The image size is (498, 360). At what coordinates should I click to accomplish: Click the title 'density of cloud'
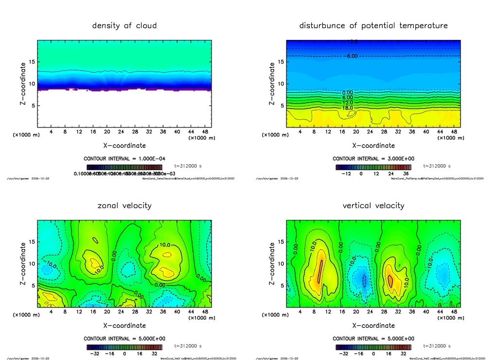(124, 26)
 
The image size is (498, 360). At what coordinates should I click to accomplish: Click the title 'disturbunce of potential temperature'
(373, 26)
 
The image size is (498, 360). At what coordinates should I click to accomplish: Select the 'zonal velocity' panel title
(124, 206)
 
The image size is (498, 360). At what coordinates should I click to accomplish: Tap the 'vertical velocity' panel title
(373, 206)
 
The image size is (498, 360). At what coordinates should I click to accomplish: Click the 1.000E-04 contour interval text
(124, 159)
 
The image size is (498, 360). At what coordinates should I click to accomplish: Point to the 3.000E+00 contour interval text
(373, 159)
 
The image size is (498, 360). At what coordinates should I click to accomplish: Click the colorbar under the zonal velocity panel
(124, 347)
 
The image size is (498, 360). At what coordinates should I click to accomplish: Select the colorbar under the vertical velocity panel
(373, 347)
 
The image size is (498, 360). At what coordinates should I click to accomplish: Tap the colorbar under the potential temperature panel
(373, 167)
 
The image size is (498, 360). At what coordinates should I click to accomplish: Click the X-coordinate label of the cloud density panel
(124, 145)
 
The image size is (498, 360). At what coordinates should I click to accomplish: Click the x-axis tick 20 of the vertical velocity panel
(356, 312)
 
